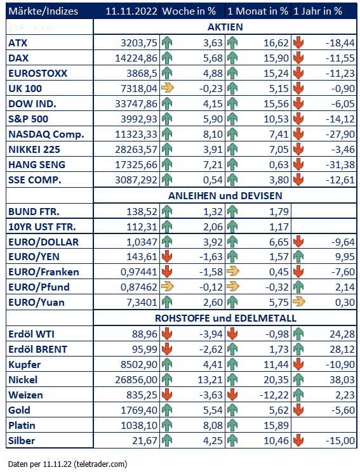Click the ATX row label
click(x=18, y=43)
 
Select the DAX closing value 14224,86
click(x=136, y=58)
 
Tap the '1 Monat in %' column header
click(x=258, y=11)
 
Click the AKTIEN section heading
click(x=225, y=27)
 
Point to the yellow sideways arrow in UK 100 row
click(x=168, y=88)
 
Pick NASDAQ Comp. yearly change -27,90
click(x=340, y=134)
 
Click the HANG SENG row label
click(x=37, y=165)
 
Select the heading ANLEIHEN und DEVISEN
click(x=225, y=195)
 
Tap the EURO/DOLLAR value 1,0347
click(x=142, y=242)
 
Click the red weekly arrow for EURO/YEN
click(x=167, y=257)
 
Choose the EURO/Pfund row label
click(x=39, y=287)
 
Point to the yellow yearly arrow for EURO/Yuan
click(x=298, y=301)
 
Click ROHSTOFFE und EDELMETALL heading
click(x=225, y=318)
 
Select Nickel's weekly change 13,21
click(x=210, y=379)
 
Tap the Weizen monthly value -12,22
click(x=274, y=395)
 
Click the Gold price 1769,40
click(x=139, y=410)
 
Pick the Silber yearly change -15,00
click(x=340, y=441)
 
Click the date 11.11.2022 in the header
click(x=131, y=11)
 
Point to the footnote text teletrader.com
click(x=100, y=464)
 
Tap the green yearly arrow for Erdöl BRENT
click(x=298, y=349)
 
